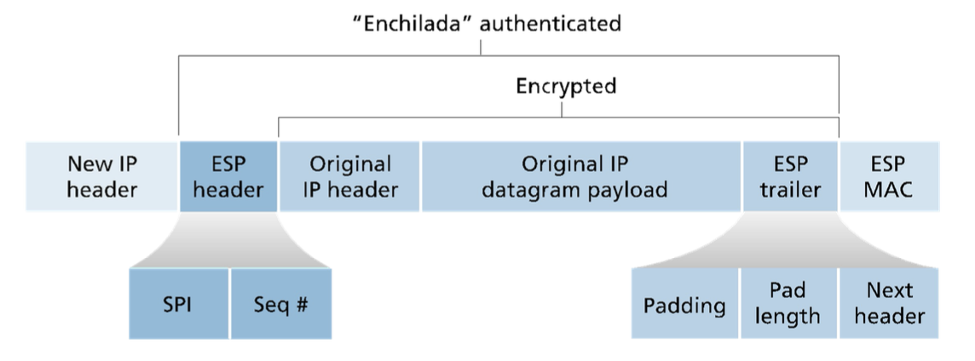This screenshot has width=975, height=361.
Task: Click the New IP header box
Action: (101, 176)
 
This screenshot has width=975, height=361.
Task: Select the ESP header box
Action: (228, 176)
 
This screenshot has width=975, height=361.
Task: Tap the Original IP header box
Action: (349, 176)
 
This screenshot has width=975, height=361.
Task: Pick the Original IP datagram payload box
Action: (580, 176)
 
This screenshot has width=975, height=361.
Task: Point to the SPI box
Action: (178, 304)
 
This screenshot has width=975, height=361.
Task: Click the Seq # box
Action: (280, 304)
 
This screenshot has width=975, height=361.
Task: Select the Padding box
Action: (684, 304)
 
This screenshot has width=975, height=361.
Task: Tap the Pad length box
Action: (788, 304)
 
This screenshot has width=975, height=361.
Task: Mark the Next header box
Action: (889, 304)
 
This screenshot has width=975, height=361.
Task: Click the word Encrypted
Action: (566, 86)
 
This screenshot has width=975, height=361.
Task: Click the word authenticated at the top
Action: (550, 23)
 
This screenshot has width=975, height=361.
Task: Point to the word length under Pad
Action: (788, 317)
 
